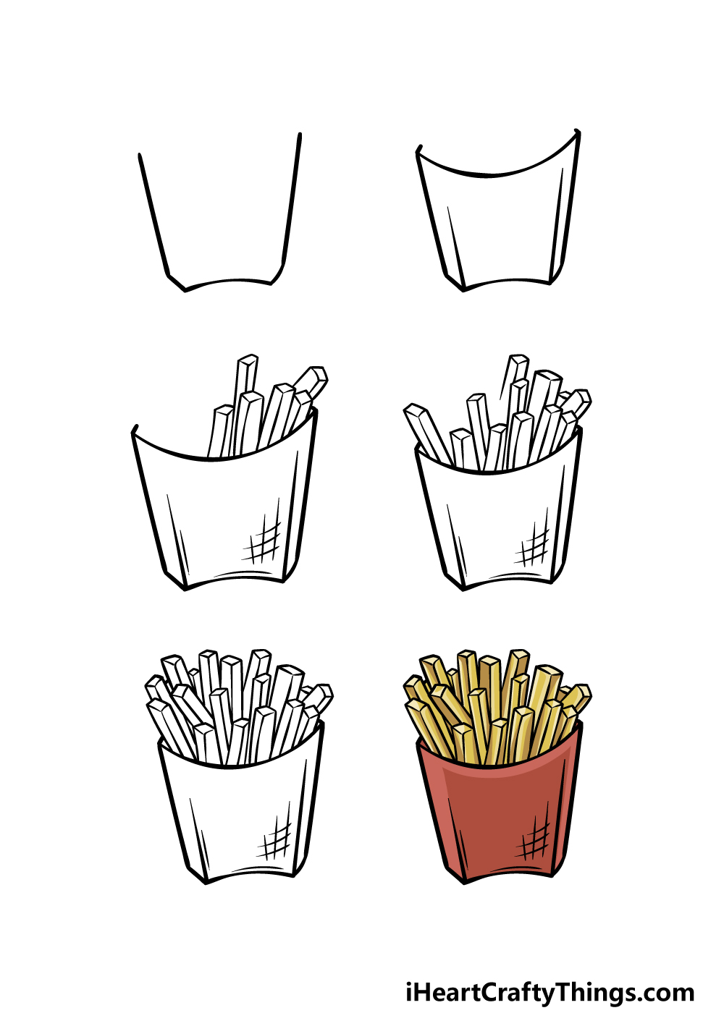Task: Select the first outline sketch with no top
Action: point(220,213)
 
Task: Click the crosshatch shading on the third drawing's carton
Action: point(262,536)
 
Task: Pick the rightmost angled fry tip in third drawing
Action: point(317,376)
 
